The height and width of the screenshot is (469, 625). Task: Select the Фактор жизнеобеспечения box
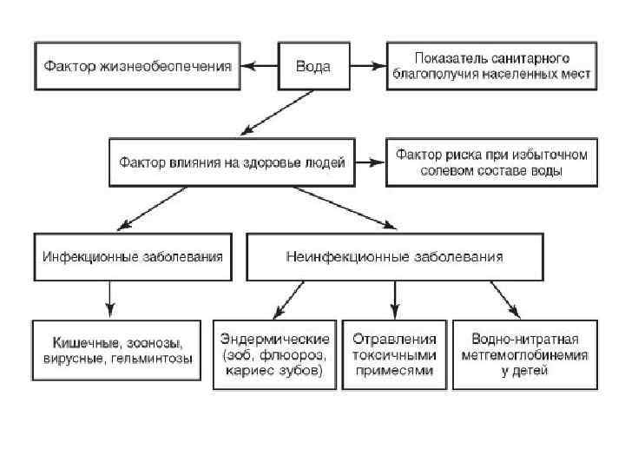tap(138, 66)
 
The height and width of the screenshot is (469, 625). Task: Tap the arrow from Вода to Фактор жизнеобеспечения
tap(259, 66)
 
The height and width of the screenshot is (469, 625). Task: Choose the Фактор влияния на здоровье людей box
tap(232, 162)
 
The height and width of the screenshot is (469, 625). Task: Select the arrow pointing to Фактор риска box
tap(370, 162)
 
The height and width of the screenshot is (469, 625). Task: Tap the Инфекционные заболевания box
tap(133, 257)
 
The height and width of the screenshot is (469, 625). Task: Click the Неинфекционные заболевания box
tap(394, 257)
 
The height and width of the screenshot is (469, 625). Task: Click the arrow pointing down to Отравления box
tap(395, 300)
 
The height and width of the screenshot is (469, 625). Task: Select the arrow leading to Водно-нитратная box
tap(505, 300)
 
